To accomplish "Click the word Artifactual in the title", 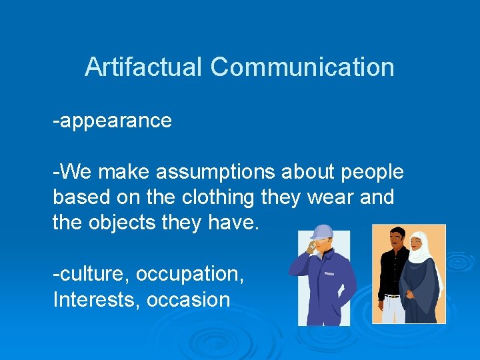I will click(x=143, y=67).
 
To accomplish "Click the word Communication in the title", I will click(x=302, y=67).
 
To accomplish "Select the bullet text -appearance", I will click(x=113, y=121).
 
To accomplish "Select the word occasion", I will click(x=188, y=299).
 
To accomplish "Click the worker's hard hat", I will click(x=323, y=231).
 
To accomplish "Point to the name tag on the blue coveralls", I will click(x=329, y=273).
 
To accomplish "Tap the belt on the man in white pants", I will click(x=393, y=295).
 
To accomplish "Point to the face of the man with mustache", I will click(x=396, y=238).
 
